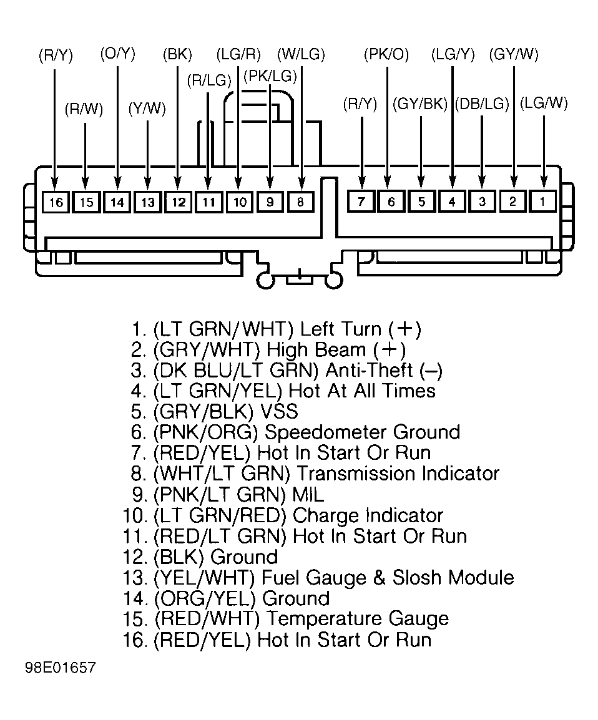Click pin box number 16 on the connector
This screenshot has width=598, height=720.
[x=56, y=202]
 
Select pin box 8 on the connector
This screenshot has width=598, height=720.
[x=301, y=202]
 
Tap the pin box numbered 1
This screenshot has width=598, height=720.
[x=543, y=201]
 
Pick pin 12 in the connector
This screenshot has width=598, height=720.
[x=178, y=202]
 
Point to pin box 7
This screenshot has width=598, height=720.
[x=361, y=201]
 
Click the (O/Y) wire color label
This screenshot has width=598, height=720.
[x=118, y=54]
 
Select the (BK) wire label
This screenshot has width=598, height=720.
[x=177, y=55]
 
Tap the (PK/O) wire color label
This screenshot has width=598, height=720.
[x=386, y=55]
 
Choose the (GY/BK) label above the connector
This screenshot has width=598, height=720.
[x=420, y=104]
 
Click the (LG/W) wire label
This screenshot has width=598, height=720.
[x=544, y=103]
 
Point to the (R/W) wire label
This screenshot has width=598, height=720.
[x=84, y=109]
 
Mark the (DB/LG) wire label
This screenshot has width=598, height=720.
[x=483, y=104]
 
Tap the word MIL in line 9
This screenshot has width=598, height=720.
[x=308, y=495]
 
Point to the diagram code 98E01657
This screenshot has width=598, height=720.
[x=60, y=668]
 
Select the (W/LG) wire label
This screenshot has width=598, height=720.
[x=301, y=55]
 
